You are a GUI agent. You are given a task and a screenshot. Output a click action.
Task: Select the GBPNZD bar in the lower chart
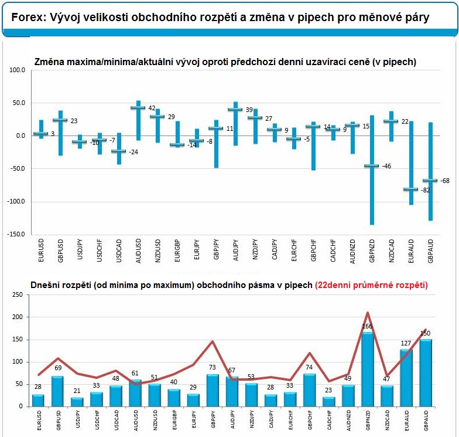pyautogui.click(x=368, y=370)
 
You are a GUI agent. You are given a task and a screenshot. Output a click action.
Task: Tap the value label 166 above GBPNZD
pyautogui.click(x=367, y=326)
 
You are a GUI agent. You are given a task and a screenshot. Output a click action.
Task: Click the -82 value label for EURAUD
pyautogui.click(x=425, y=190)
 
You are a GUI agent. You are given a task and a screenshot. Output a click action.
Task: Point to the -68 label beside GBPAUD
pyautogui.click(x=445, y=181)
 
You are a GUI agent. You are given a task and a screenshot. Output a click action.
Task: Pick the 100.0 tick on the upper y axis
pyautogui.click(x=18, y=70)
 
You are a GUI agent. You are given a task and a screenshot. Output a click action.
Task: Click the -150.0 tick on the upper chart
pyautogui.click(x=16, y=235)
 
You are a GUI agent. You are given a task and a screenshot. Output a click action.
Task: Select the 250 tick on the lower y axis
pyautogui.click(x=18, y=294)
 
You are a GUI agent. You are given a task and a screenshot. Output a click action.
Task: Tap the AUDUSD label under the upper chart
pyautogui.click(x=138, y=251)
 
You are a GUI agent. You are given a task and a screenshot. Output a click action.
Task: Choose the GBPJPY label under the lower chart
pyautogui.click(x=213, y=420)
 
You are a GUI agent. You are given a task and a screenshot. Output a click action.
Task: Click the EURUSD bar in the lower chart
pyautogui.click(x=38, y=401)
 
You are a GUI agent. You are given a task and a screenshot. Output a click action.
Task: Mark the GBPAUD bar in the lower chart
pyautogui.click(x=426, y=373)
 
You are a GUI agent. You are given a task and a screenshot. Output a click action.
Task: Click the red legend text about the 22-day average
pyautogui.click(x=371, y=285)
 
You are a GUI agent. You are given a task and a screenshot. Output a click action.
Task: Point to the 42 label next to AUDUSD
pyautogui.click(x=152, y=108)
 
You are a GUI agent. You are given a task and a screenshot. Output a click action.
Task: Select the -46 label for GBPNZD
pyautogui.click(x=386, y=166)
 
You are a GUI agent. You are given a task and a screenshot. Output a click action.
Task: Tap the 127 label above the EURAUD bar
pyautogui.click(x=406, y=343)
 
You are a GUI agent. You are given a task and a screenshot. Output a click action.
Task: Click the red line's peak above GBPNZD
pyautogui.click(x=368, y=313)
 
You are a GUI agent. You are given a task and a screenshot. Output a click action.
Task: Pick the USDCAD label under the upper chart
pyautogui.click(x=118, y=250)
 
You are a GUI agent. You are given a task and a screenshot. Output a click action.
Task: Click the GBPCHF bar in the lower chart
pyautogui.click(x=310, y=391)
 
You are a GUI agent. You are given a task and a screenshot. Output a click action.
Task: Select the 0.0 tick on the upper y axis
pyautogui.click(x=20, y=136)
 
